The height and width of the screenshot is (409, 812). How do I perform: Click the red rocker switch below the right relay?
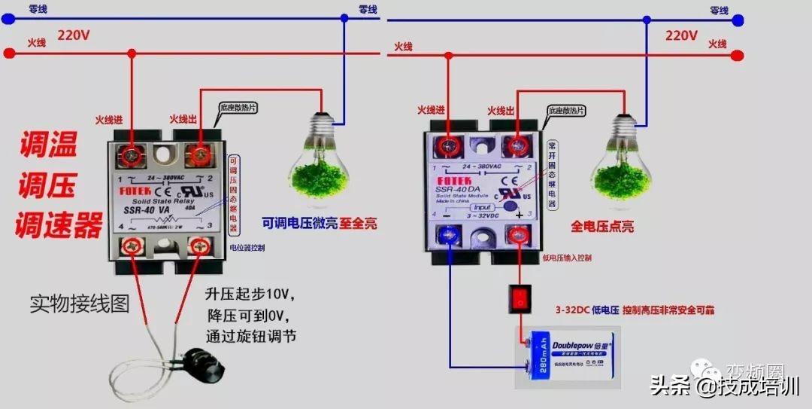click(x=519, y=298)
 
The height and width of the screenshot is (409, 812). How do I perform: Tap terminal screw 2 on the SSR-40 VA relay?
click(x=199, y=154)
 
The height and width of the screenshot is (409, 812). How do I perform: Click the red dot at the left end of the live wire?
click(x=8, y=53)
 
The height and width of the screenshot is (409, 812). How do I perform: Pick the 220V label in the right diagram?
click(x=681, y=35)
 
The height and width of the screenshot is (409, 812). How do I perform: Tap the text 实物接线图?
click(x=80, y=304)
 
